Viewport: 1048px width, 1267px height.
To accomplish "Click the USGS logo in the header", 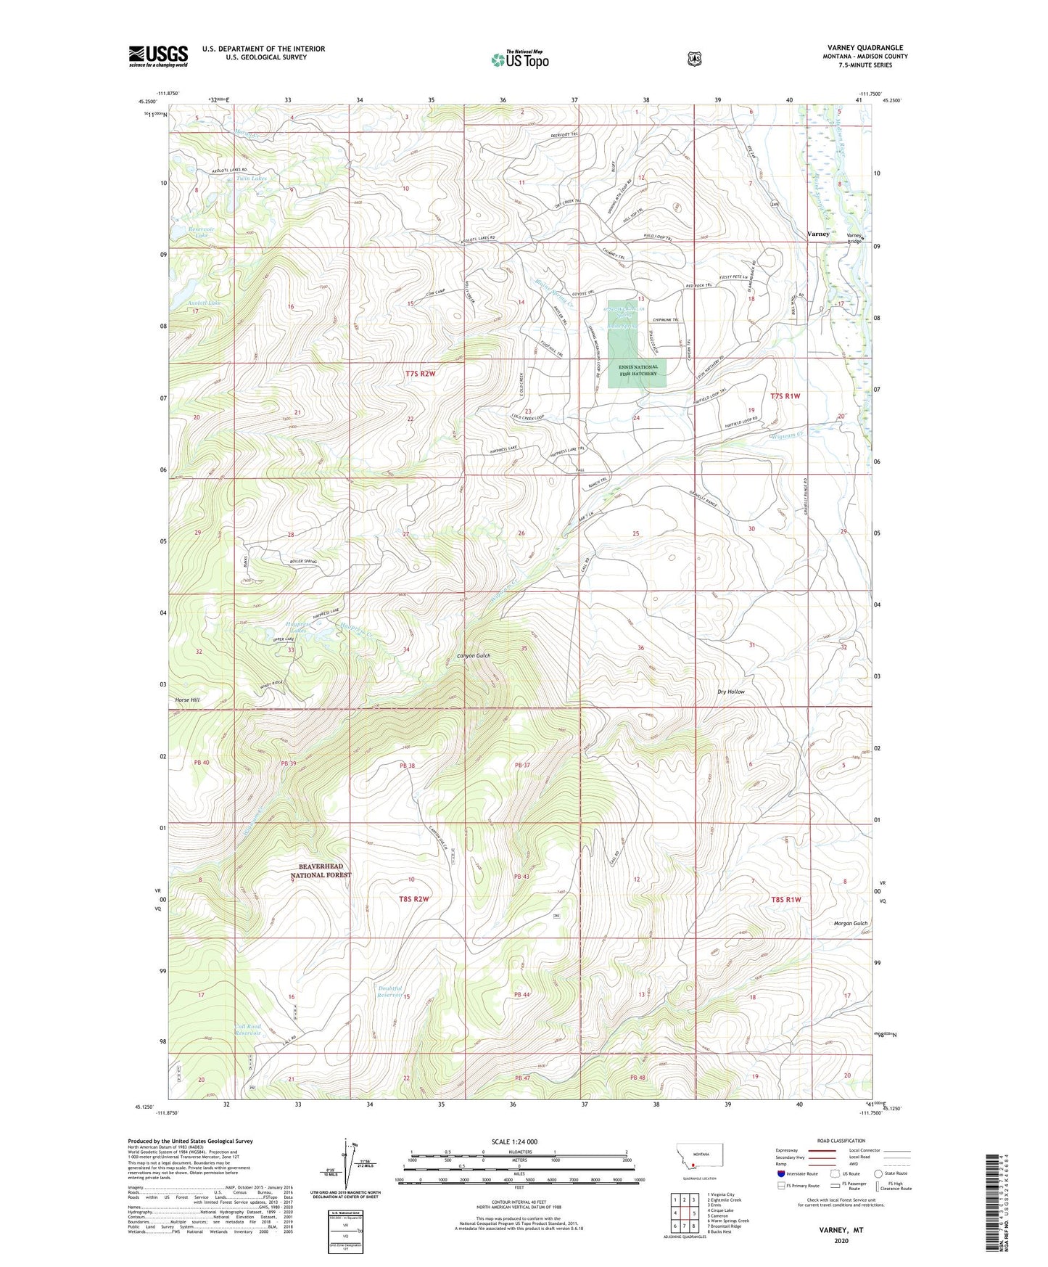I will click(158, 56).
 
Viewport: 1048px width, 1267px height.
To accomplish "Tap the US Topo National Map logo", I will click(519, 60).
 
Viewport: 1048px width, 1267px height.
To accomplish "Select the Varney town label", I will click(818, 234).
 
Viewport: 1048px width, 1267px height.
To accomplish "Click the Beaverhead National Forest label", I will click(321, 871).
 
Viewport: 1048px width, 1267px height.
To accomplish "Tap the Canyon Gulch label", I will click(474, 655).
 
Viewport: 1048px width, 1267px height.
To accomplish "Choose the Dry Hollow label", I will click(730, 692).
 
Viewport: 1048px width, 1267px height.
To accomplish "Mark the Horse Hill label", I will click(187, 700).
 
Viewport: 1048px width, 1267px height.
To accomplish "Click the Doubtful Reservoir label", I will click(389, 991).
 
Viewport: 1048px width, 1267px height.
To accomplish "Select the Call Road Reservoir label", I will click(248, 1030).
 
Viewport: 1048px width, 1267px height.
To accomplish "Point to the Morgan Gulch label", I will click(849, 923).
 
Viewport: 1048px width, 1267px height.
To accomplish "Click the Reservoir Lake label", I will click(189, 232).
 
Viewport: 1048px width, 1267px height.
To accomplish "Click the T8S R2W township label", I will click(413, 899).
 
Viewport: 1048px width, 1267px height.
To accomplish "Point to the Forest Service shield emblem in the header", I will click(694, 59).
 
